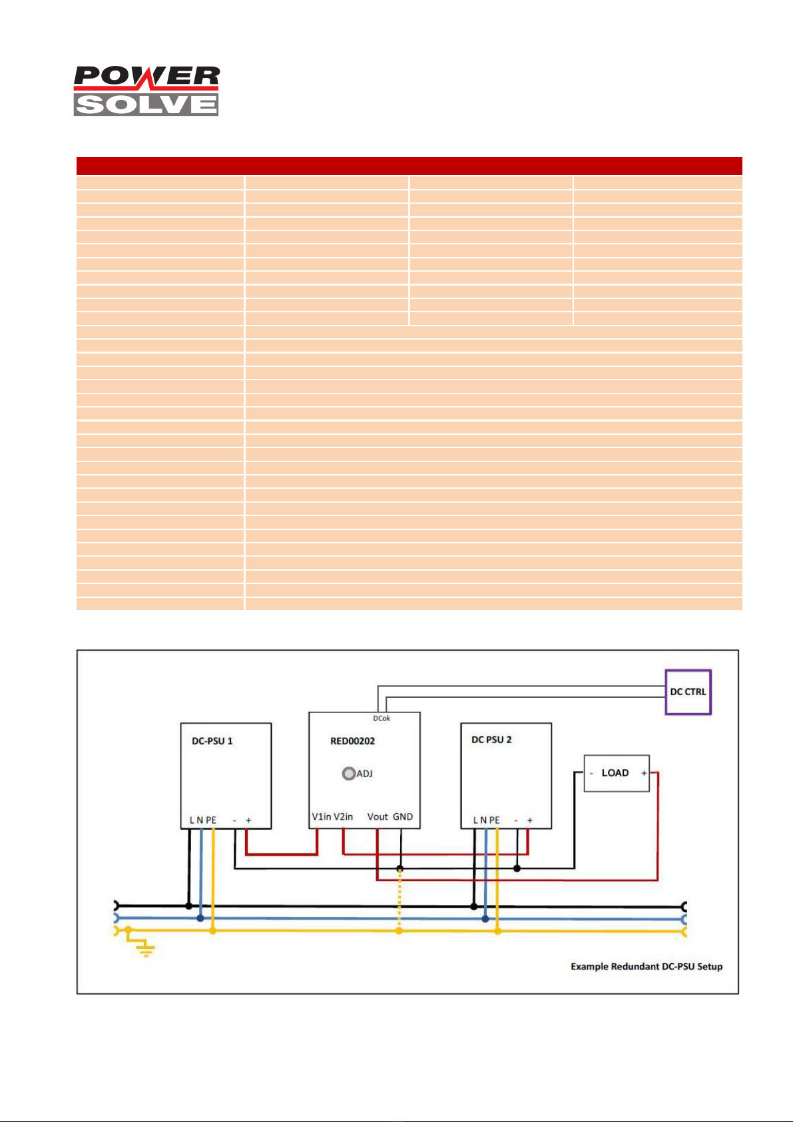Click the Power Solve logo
(x=146, y=91)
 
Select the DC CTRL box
(x=688, y=692)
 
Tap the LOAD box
(x=616, y=773)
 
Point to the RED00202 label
(x=353, y=741)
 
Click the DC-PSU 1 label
(x=212, y=741)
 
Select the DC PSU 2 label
(x=491, y=740)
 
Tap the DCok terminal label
(x=382, y=718)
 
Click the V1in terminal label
(x=322, y=817)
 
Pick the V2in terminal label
(x=344, y=817)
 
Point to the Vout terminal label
(x=378, y=817)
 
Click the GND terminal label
(x=403, y=817)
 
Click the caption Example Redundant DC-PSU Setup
(x=646, y=966)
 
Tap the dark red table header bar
(x=409, y=166)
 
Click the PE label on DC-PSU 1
(x=211, y=820)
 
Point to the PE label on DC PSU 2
(x=495, y=820)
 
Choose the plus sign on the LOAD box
(x=644, y=774)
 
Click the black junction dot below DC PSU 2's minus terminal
(x=517, y=868)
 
